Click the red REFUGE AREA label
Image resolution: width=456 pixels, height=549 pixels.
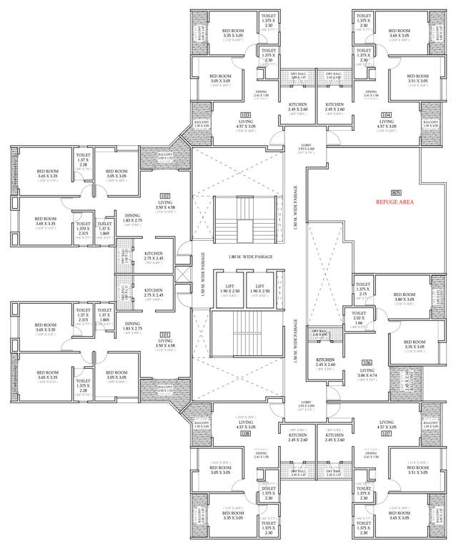point(396,203)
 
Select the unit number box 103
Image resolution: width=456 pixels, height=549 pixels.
point(244,114)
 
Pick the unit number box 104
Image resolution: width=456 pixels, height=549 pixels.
point(387,114)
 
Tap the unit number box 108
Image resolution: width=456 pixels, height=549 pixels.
point(245,433)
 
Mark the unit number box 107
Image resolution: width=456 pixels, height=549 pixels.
point(387,433)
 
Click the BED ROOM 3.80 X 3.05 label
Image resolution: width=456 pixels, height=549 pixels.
point(404,297)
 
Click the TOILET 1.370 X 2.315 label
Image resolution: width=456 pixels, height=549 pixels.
point(83,229)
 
